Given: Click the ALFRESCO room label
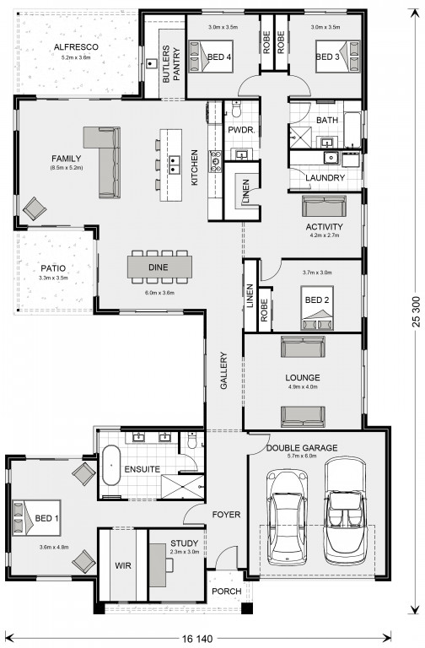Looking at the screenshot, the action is (76, 47).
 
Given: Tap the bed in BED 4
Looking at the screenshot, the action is (211, 57).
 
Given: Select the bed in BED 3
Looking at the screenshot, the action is (338, 57).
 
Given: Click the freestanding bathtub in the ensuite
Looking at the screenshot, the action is (110, 465).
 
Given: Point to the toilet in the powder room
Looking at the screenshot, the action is (236, 110).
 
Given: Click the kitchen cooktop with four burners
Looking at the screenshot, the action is (216, 161).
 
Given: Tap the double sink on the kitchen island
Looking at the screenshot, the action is (174, 164).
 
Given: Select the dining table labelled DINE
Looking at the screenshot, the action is (159, 267).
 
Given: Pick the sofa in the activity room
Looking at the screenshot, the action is (324, 206).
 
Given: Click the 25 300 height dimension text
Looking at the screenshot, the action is (415, 311).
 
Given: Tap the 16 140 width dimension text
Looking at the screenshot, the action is (197, 639).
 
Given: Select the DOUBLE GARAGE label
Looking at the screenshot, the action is (302, 447).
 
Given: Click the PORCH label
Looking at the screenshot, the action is (226, 591).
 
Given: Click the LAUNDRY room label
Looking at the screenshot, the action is (325, 178).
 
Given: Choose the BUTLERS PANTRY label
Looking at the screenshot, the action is (171, 64).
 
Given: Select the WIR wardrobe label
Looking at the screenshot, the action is (123, 565).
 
